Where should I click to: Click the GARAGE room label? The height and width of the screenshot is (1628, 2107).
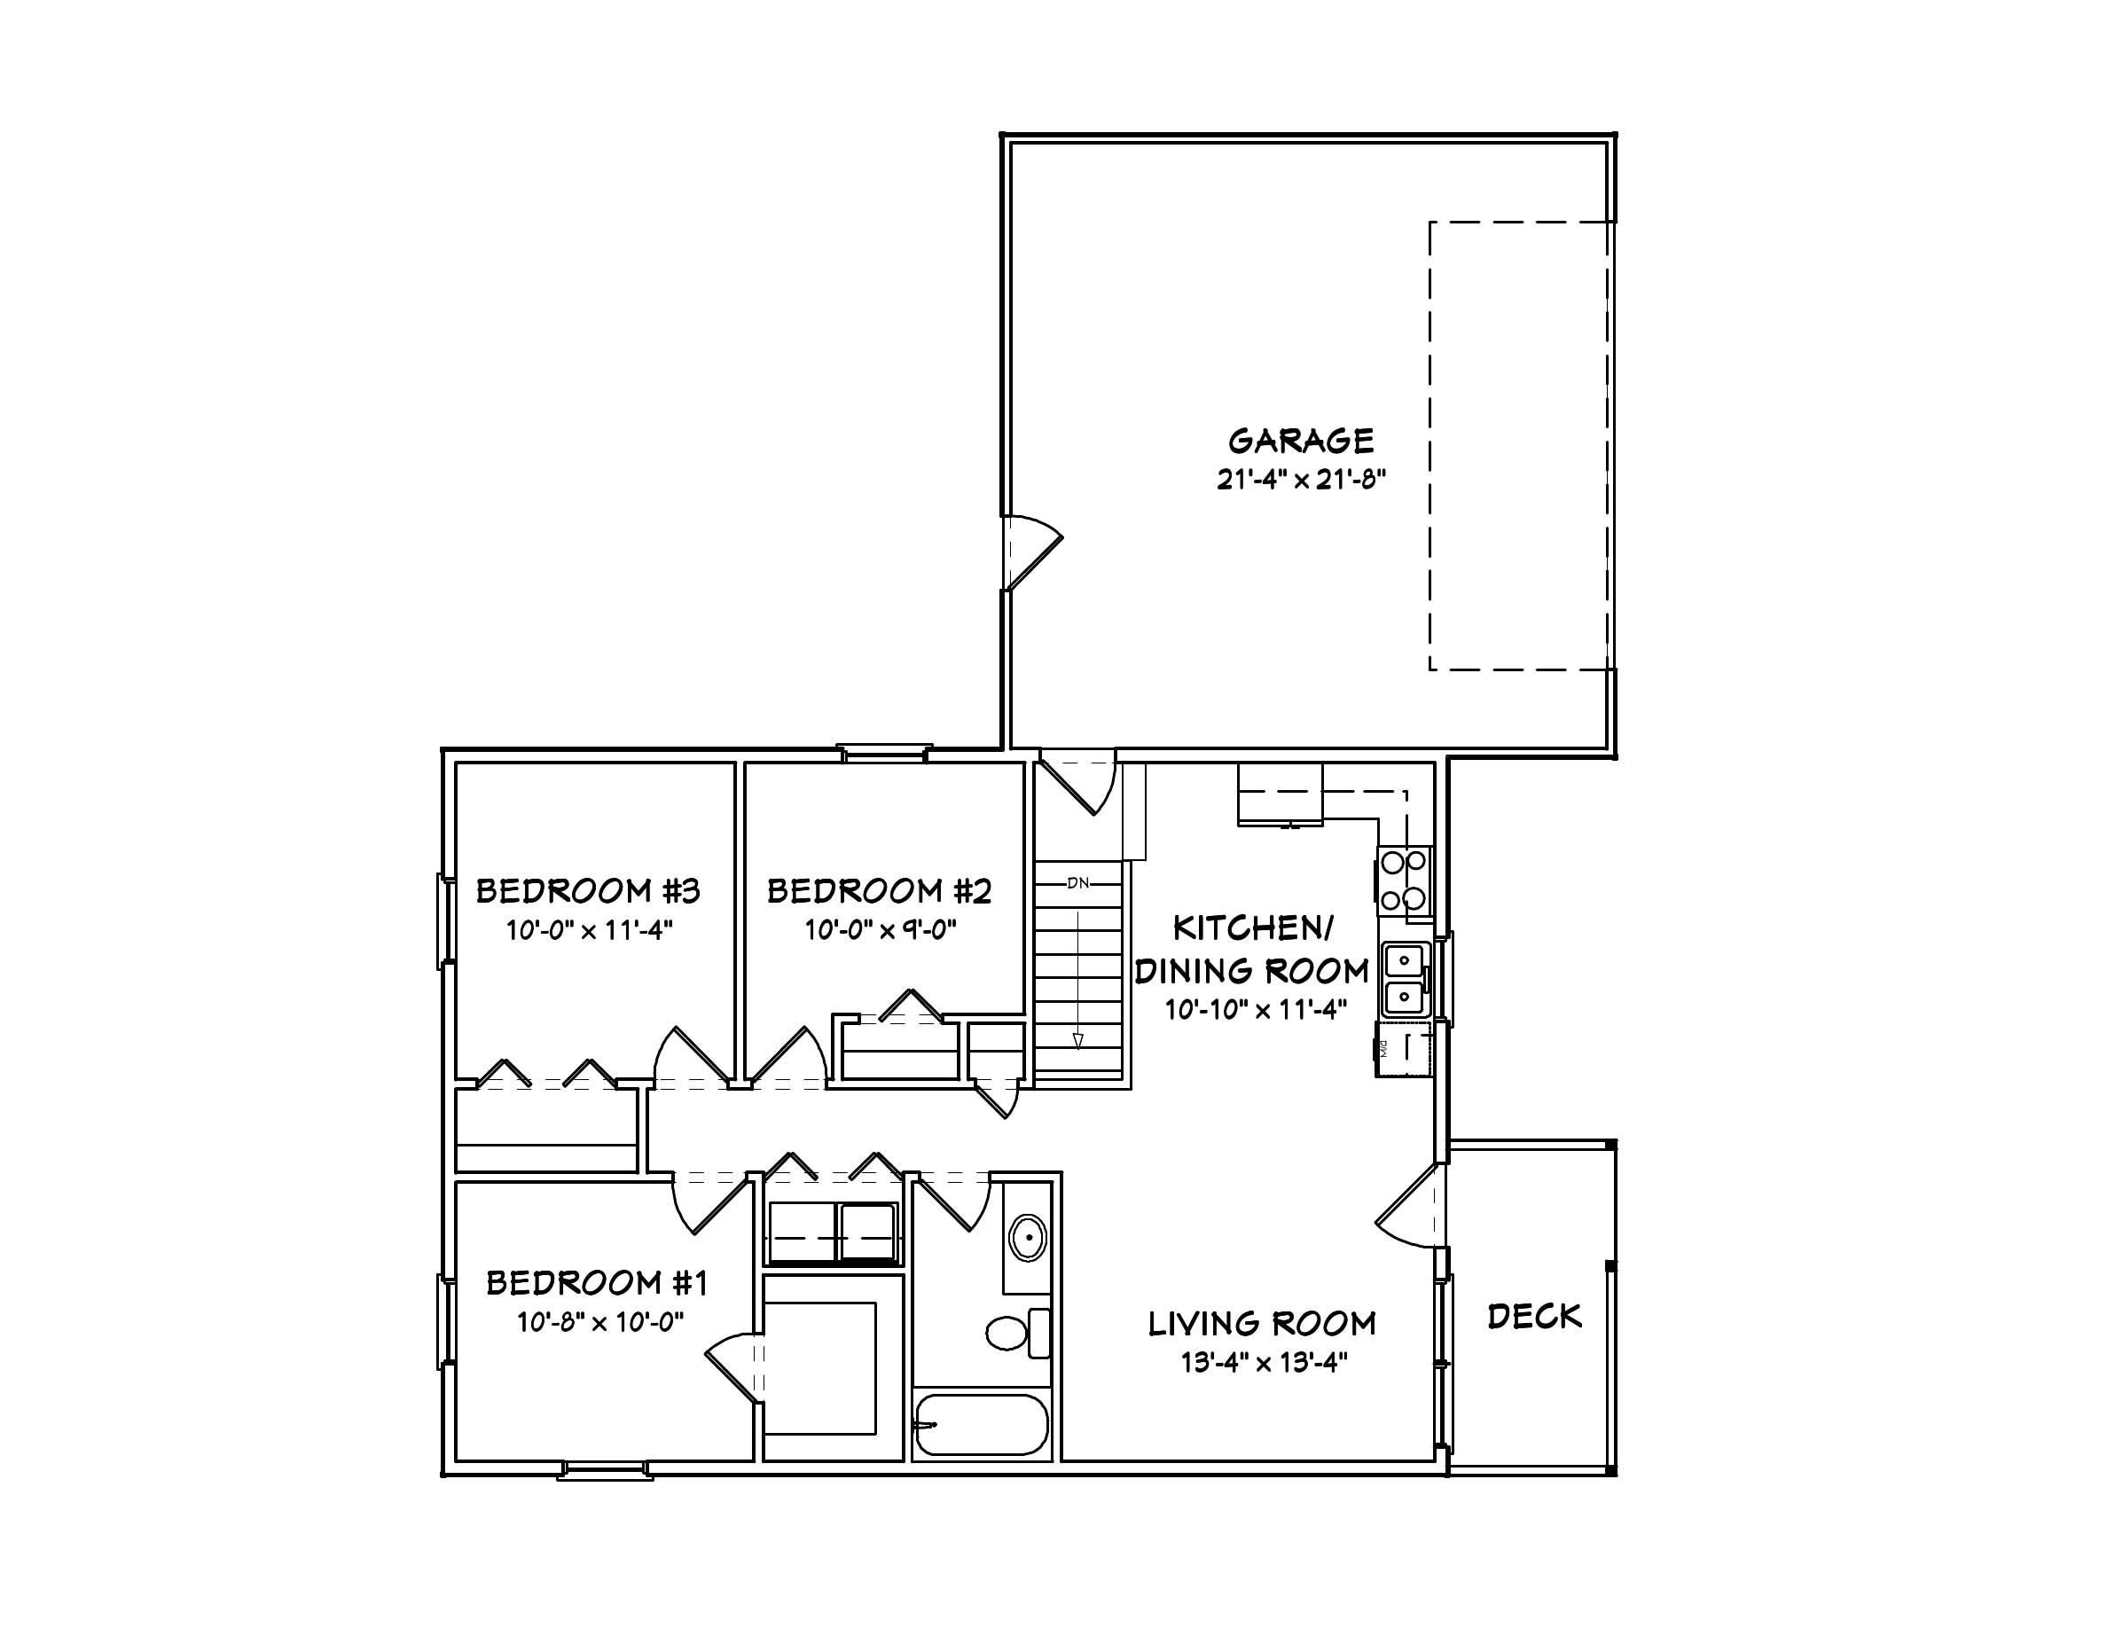pos(1301,441)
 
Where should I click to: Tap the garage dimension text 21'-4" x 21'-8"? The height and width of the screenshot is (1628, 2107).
pos(1301,481)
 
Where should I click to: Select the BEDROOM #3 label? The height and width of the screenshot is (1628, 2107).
pos(588,890)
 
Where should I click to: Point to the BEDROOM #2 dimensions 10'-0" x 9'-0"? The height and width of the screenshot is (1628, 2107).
pos(880,930)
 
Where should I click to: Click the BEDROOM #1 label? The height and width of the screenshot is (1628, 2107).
pos(597,1283)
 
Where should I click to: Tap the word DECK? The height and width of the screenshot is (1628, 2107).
pos(1534,1317)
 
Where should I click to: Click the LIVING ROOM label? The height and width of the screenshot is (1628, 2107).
pos(1262,1323)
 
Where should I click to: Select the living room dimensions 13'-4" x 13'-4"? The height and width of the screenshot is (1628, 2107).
pos(1263,1363)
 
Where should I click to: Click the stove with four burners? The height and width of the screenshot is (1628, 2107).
pos(1403,881)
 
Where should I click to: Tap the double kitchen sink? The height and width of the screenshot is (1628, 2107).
pos(1404,980)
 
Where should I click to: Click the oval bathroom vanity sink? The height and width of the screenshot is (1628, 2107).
pos(1029,1237)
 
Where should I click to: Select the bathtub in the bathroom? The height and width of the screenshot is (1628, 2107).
pos(981,1423)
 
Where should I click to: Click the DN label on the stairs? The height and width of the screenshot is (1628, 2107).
pos(1077,882)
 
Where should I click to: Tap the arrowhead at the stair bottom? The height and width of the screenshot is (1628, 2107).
pos(1077,1041)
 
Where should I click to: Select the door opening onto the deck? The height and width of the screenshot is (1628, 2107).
pos(1411,1207)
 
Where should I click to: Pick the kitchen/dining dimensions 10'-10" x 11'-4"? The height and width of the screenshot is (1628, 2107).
pos(1254,1010)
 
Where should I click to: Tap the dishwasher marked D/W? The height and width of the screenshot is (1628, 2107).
pos(1404,1049)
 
